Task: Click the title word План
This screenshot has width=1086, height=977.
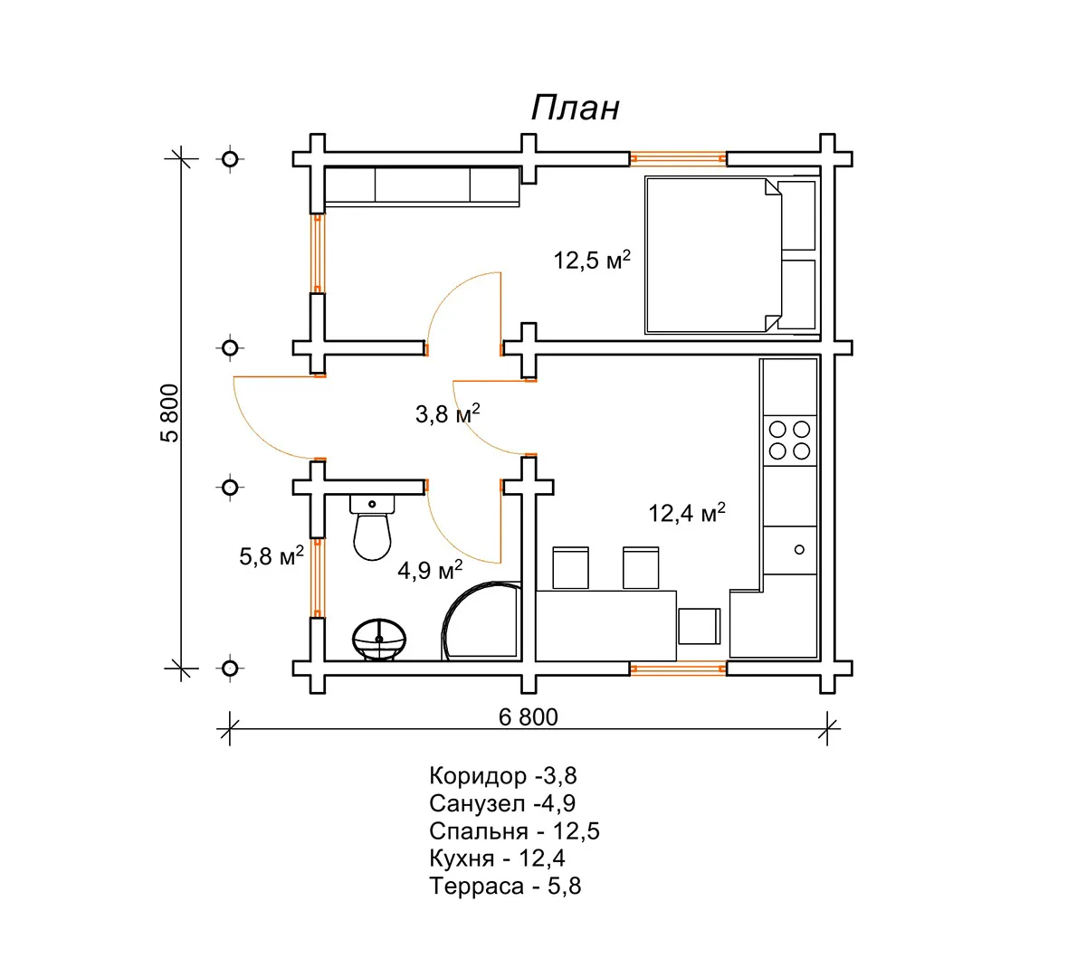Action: click(x=575, y=108)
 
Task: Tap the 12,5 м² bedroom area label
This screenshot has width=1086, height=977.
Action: click(x=592, y=261)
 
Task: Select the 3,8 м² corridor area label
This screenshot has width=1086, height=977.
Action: click(x=448, y=414)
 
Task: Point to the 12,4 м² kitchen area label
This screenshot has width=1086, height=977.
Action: click(x=687, y=513)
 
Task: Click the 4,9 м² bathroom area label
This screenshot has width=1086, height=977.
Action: click(x=430, y=570)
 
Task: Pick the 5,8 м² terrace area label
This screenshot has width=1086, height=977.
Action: click(x=271, y=555)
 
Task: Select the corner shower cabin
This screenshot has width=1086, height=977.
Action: click(x=480, y=621)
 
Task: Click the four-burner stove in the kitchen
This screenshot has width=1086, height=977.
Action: click(x=789, y=441)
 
